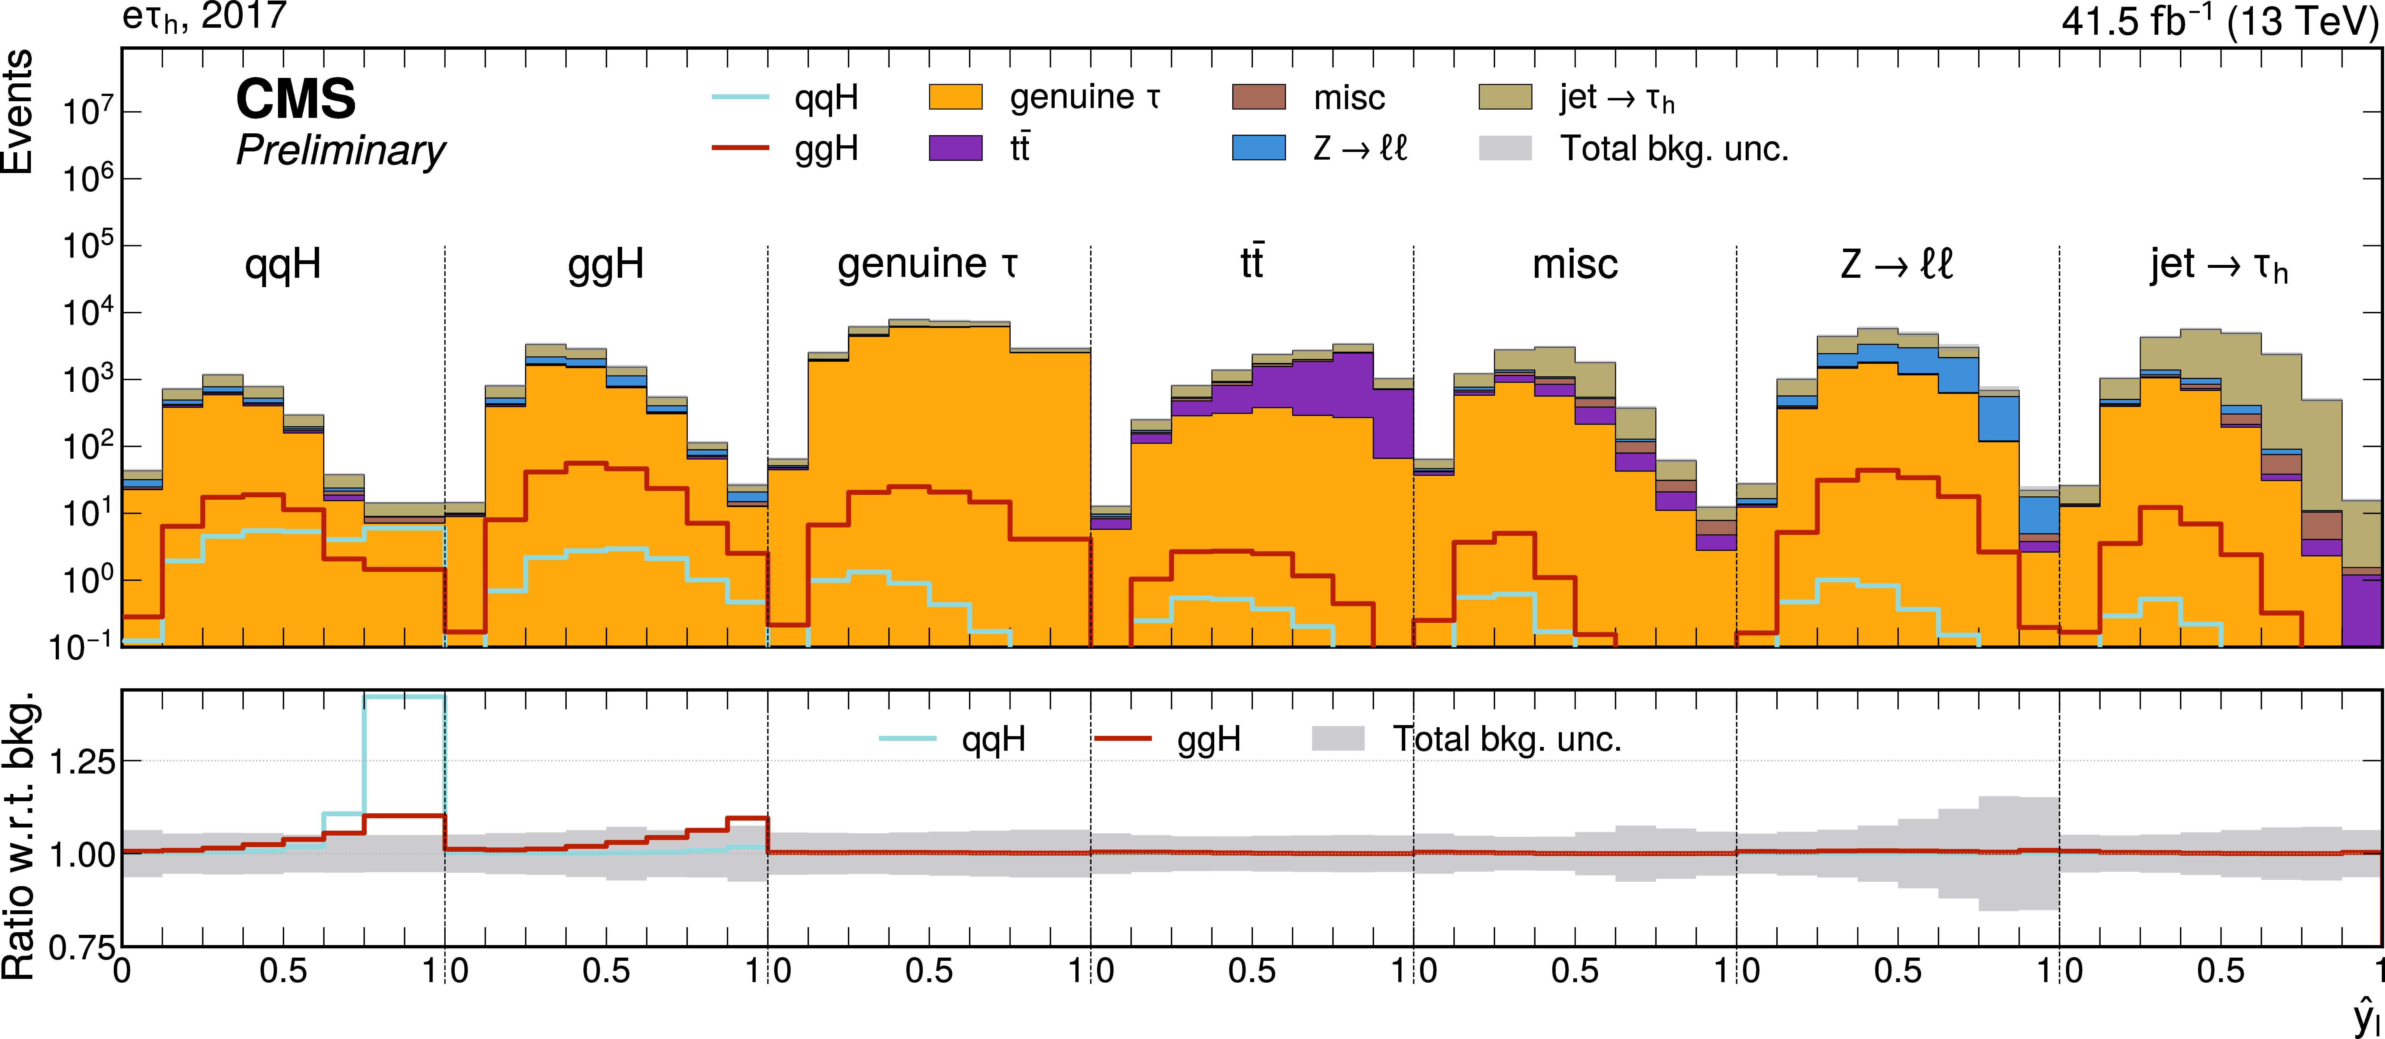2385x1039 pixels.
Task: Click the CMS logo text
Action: (295, 99)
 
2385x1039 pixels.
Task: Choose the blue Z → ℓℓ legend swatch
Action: (1258, 148)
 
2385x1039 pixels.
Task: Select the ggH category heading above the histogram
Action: (606, 265)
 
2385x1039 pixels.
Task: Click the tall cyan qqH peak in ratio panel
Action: (405, 696)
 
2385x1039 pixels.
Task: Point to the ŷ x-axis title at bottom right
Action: (2365, 1017)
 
